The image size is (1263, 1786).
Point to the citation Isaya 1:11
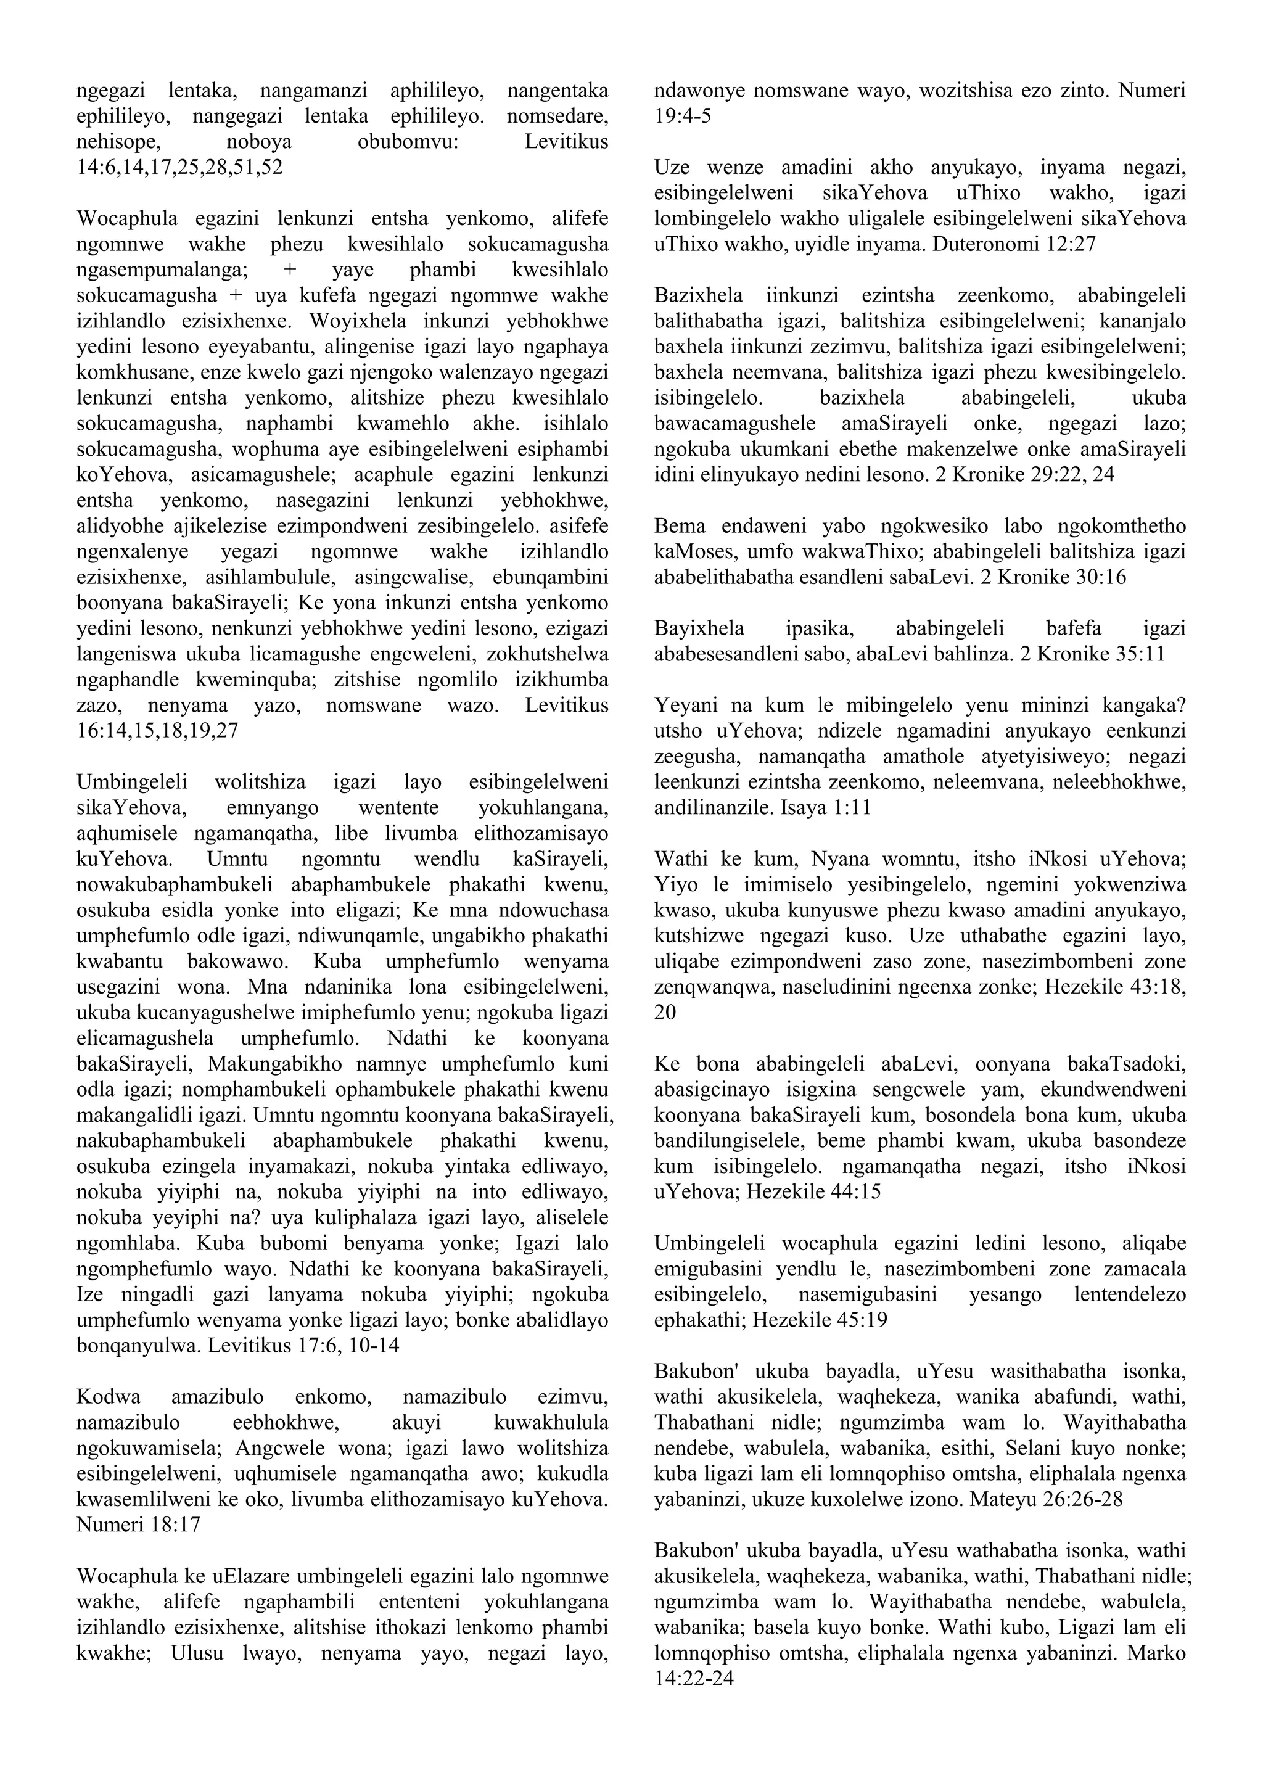click(x=817, y=807)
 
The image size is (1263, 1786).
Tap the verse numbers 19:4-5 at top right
click(x=683, y=117)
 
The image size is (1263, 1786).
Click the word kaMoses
click(x=691, y=551)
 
